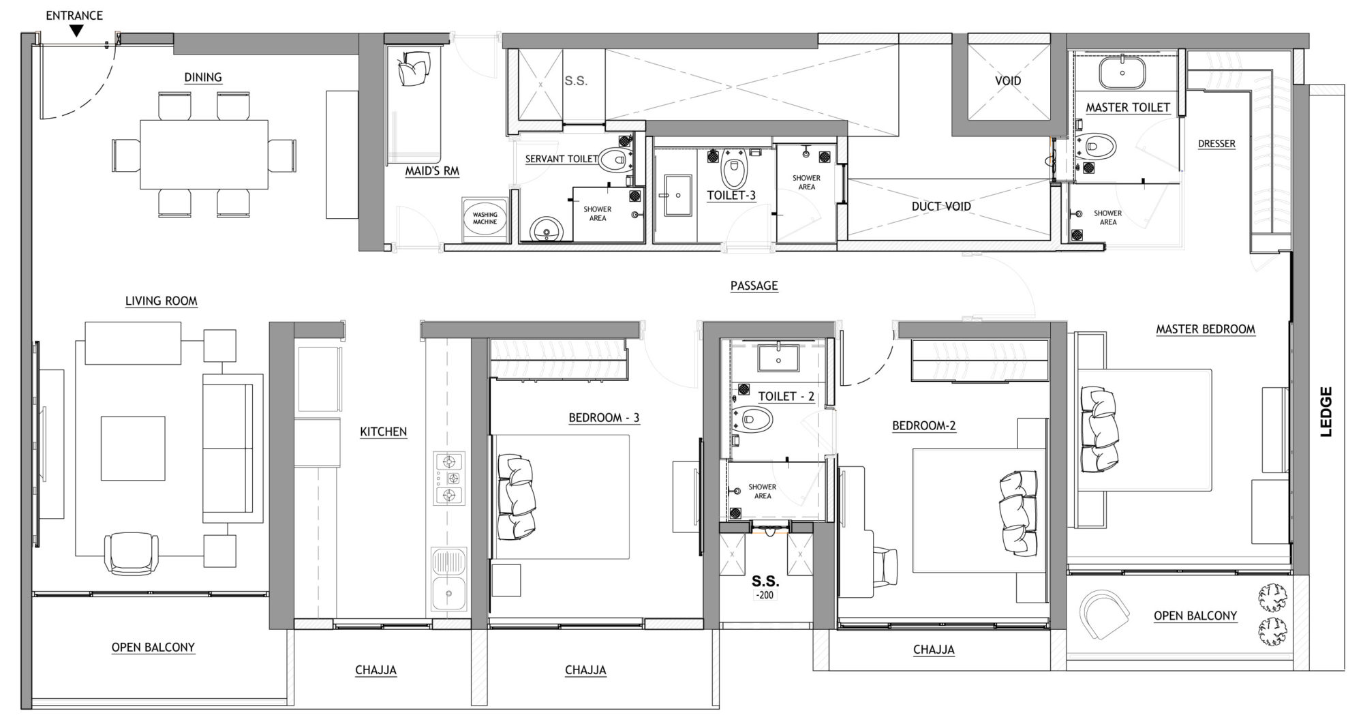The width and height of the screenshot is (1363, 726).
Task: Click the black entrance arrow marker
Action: (x=77, y=31)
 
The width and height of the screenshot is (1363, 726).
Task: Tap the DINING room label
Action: (x=203, y=77)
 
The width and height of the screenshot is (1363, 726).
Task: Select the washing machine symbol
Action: (x=485, y=219)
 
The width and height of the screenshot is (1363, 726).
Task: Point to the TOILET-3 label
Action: (x=731, y=196)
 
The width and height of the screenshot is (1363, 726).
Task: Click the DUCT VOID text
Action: (x=940, y=206)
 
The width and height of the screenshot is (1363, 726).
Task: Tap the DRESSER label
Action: (x=1216, y=144)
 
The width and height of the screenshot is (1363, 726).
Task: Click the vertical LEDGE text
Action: (x=1326, y=412)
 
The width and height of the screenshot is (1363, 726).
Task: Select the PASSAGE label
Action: (x=754, y=286)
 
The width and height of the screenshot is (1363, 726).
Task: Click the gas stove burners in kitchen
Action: (x=450, y=478)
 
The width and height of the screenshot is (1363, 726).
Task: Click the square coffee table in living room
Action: (x=133, y=448)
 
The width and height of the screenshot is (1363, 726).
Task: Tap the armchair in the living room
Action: (x=131, y=554)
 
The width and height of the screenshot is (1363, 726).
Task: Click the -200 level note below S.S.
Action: (x=765, y=595)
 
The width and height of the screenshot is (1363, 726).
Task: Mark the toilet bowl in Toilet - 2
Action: (x=756, y=420)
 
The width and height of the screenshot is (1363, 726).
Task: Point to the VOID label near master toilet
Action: (x=1008, y=80)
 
